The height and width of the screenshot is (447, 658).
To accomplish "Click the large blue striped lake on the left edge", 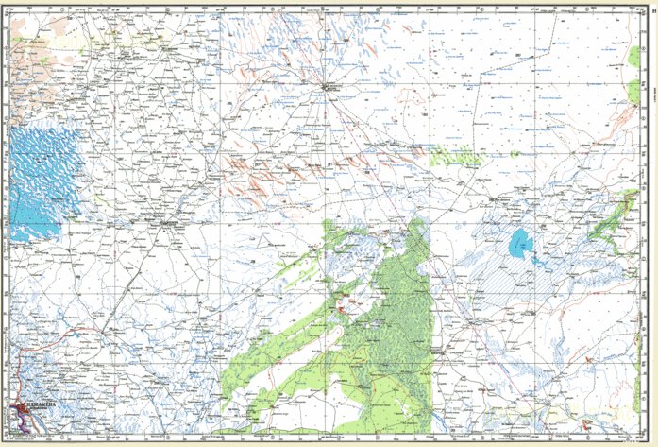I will (42, 180).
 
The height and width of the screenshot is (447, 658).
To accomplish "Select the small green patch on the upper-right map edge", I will (633, 91).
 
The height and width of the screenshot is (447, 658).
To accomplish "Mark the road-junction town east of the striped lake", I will (169, 224).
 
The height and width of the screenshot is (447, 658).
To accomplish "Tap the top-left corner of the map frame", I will (4, 4).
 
